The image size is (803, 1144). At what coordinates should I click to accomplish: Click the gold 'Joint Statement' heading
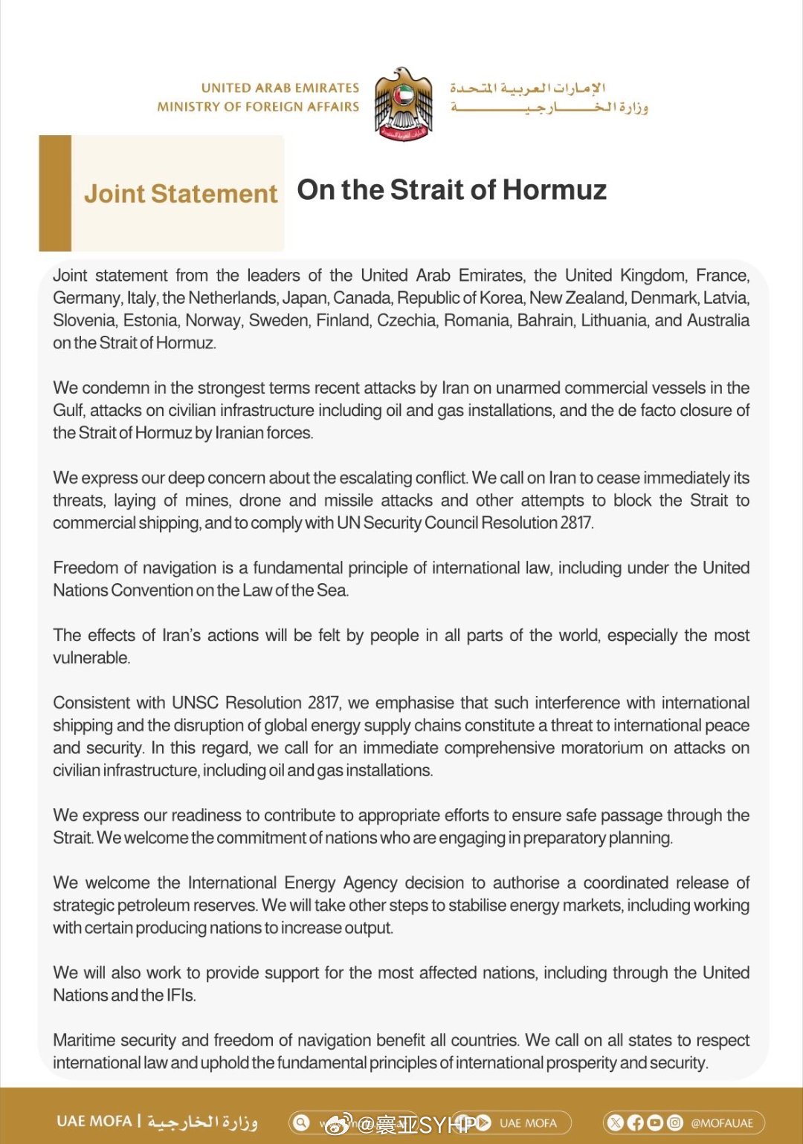(x=181, y=194)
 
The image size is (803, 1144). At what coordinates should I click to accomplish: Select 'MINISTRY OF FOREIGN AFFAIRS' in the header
(x=258, y=107)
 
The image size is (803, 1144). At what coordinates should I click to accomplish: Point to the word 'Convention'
(x=152, y=591)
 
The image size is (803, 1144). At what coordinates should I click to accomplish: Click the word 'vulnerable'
(x=91, y=658)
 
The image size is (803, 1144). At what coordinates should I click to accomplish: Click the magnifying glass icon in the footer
(x=301, y=1122)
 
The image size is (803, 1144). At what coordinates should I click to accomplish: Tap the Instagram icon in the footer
(x=675, y=1122)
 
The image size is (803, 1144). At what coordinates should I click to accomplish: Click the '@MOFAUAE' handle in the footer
(x=722, y=1123)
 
